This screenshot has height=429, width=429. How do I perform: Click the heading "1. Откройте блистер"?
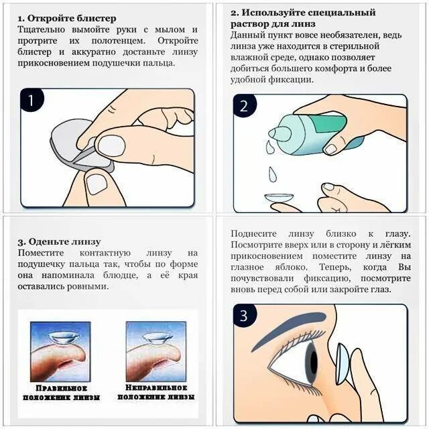[x=67, y=18]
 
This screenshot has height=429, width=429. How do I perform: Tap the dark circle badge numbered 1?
[x=32, y=101]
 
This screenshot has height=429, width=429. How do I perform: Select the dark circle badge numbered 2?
[x=244, y=106]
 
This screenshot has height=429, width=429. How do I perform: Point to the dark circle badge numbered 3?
[x=244, y=316]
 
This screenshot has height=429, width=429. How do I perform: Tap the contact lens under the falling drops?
[x=279, y=198]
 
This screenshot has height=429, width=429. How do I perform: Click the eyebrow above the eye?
[x=290, y=327]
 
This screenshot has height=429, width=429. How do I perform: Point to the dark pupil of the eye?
[x=314, y=362]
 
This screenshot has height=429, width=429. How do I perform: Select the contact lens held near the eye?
[x=342, y=364]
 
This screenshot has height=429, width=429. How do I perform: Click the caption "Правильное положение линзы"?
[x=61, y=393]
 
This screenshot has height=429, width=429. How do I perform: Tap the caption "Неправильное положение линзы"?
[x=156, y=392]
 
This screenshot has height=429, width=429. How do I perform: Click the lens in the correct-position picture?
[x=60, y=338]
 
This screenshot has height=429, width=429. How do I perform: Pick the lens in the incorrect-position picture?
[x=156, y=339]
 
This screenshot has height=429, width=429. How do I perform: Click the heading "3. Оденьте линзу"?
[x=59, y=242]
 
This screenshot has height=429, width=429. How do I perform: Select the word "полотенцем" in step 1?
[x=118, y=41]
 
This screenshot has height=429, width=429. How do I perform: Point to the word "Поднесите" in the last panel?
[x=253, y=234]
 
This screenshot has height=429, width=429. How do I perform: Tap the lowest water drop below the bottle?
[x=273, y=174]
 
